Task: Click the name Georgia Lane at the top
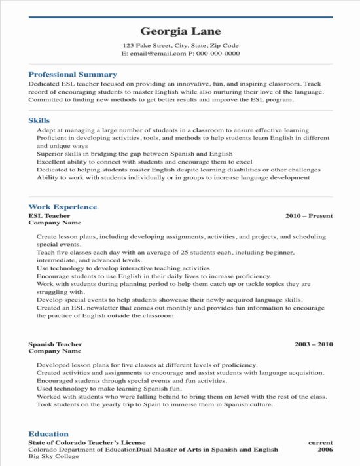pos(181,31)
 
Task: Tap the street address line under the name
pos(181,46)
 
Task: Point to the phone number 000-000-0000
pos(218,53)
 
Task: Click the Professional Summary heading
pos(73,75)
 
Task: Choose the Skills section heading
pos(39,120)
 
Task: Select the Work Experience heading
pos(63,207)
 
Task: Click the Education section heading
pos(48,433)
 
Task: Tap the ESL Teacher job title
pos(49,215)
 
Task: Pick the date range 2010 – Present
pos(309,215)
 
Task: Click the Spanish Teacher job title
pos(56,344)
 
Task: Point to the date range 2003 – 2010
pos(314,344)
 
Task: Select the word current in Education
pos(320,442)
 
